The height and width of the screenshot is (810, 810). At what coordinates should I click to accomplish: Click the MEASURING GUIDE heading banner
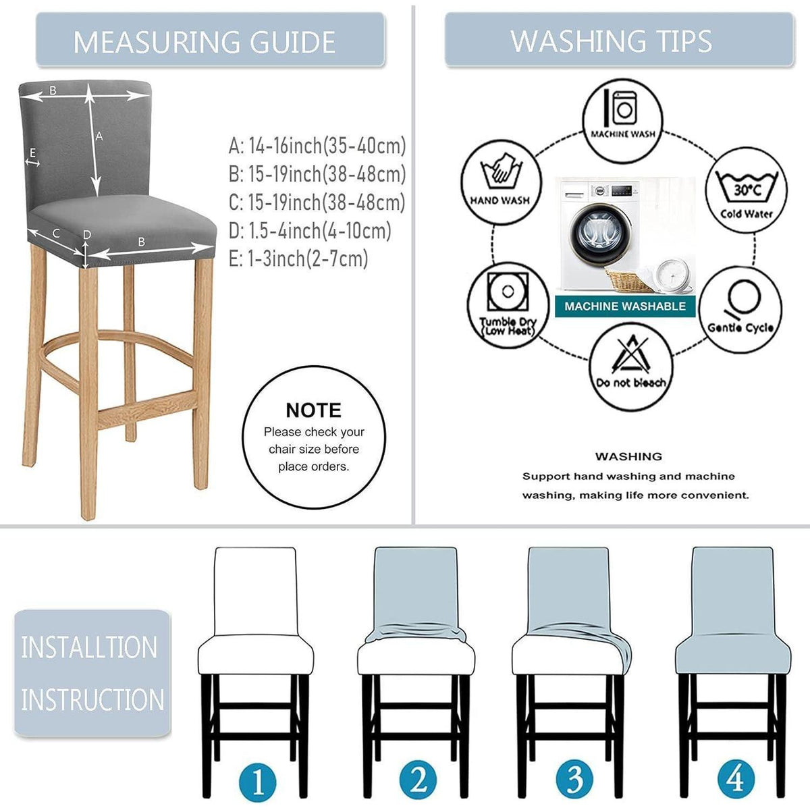(210, 39)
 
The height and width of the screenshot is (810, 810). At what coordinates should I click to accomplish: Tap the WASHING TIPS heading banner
(619, 39)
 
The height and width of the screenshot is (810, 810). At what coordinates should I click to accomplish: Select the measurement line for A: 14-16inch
(317, 146)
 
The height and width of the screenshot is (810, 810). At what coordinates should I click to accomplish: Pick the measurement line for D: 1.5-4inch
(310, 230)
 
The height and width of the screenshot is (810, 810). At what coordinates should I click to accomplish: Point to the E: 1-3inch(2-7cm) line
(298, 258)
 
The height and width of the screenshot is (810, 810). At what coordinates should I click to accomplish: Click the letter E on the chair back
(33, 153)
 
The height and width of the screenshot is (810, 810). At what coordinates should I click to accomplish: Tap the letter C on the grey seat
(55, 233)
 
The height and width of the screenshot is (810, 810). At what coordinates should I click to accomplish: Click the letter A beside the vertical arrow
(99, 136)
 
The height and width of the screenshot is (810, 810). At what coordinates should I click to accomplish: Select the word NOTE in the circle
(314, 410)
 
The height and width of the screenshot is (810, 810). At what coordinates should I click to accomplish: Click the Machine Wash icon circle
(622, 121)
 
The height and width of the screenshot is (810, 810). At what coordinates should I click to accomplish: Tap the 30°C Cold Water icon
(746, 190)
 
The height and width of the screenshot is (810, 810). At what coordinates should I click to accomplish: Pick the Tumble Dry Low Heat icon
(508, 306)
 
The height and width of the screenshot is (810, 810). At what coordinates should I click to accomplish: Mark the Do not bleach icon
(630, 367)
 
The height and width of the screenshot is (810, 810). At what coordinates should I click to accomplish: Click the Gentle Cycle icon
(740, 309)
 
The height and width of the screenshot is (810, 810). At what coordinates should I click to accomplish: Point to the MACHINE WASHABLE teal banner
(625, 306)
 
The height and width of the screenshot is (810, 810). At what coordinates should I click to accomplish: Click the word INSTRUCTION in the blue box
(92, 700)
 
